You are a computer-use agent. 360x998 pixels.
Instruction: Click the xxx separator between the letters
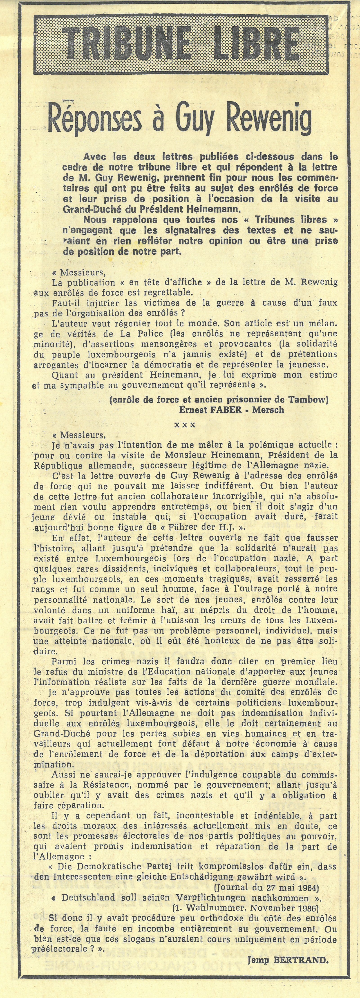click(185, 425)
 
